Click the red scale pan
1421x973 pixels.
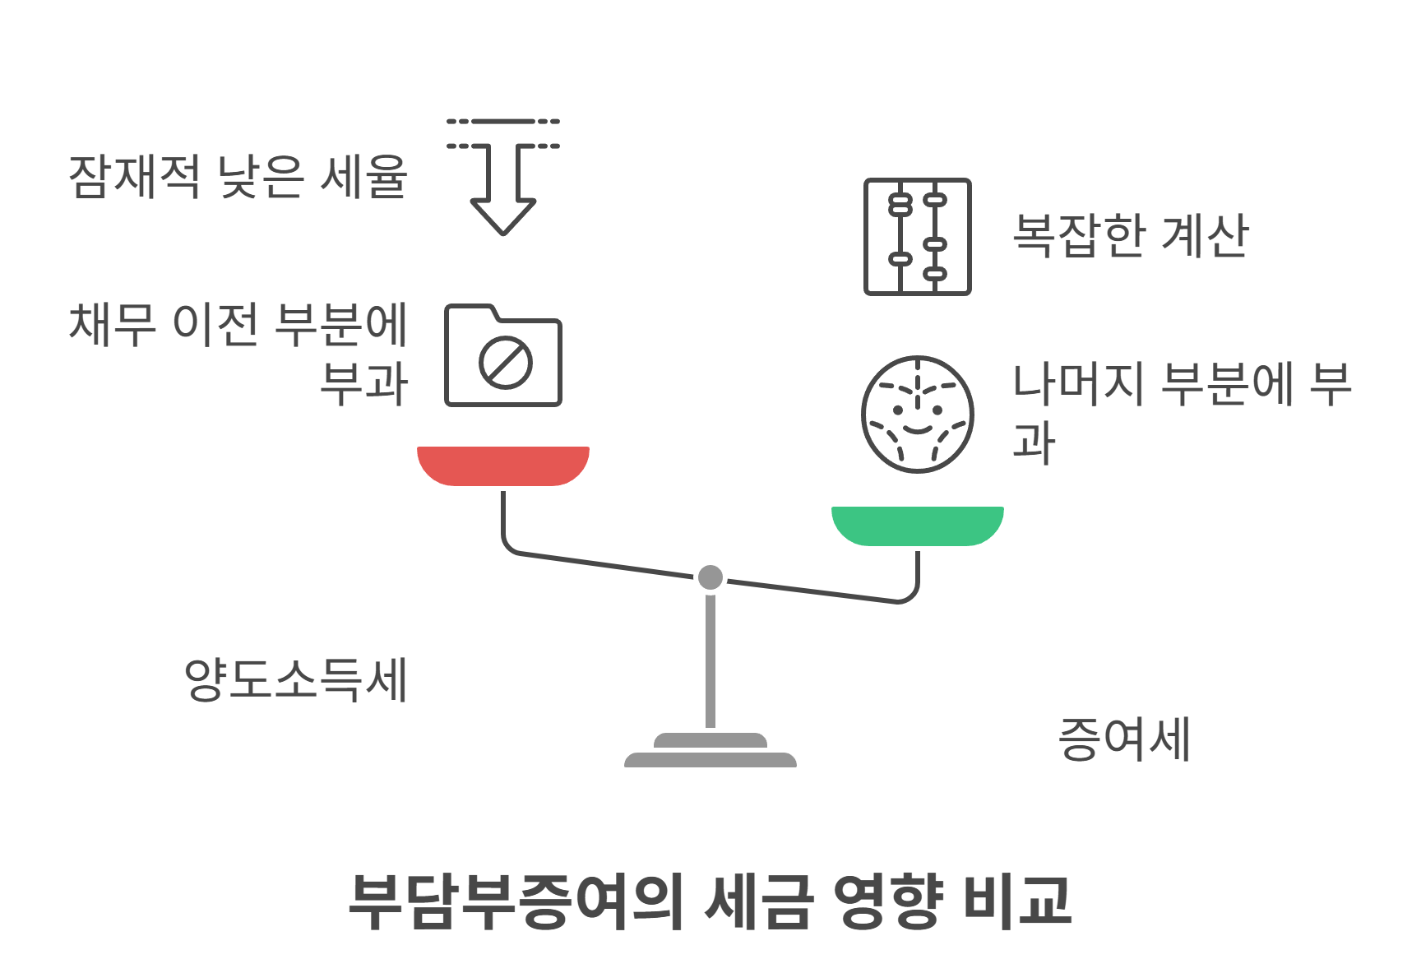[x=503, y=466]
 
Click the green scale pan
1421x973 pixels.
[x=918, y=526]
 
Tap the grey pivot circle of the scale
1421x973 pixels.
[x=710, y=577]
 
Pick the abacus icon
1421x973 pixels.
[x=918, y=237]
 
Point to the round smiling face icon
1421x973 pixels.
[x=918, y=415]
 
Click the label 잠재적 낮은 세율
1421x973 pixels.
[x=238, y=176]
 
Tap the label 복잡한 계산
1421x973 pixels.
[x=1131, y=236]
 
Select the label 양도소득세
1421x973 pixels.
[x=296, y=680]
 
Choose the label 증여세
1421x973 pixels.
[x=1124, y=739]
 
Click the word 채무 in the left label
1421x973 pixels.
[x=113, y=323]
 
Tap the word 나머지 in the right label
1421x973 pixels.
[x=1078, y=384]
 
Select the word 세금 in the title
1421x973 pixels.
[x=759, y=901]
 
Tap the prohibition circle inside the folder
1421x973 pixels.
[x=506, y=362]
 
